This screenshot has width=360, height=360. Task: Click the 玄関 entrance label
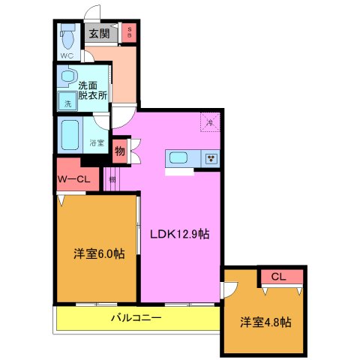98,33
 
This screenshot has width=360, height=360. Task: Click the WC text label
67,55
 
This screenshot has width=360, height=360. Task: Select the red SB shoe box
129,33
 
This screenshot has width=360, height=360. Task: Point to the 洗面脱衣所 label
94,90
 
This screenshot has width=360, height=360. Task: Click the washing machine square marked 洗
67,101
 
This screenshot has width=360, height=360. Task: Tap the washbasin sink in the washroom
67,76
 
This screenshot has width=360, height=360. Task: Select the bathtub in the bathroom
71,135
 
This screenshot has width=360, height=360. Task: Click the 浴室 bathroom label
96,142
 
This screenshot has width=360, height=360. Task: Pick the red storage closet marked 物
119,151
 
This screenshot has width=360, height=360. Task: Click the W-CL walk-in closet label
73,179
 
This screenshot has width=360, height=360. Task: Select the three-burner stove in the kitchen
211,157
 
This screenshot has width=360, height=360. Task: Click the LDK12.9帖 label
179,233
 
